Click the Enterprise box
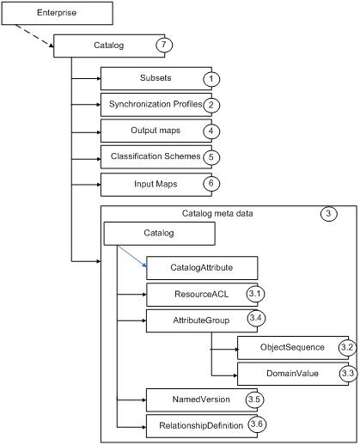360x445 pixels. (x=57, y=13)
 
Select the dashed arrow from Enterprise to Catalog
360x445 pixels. (x=34, y=35)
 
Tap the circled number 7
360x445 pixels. (x=164, y=45)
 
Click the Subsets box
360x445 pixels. (x=156, y=79)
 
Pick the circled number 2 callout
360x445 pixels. (x=211, y=105)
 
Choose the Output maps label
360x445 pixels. (x=156, y=131)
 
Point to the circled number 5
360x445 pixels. (x=211, y=157)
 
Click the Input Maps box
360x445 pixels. (x=156, y=185)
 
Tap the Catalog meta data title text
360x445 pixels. (x=217, y=214)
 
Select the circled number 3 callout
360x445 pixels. (x=328, y=213)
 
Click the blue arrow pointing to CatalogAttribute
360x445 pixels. (x=132, y=256)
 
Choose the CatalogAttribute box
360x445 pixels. (x=202, y=268)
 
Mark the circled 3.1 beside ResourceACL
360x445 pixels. (x=255, y=294)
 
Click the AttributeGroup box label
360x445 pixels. (x=201, y=320)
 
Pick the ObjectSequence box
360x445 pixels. (x=293, y=348)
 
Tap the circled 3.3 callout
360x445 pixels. (x=348, y=374)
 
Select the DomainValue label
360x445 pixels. (x=292, y=374)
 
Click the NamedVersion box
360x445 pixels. (x=202, y=400)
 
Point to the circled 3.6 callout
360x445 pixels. (x=257, y=424)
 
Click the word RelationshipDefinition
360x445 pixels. (x=201, y=426)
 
